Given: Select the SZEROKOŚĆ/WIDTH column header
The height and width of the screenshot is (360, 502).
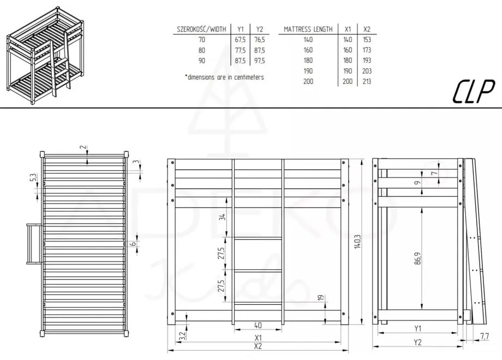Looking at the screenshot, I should pyautogui.click(x=199, y=29).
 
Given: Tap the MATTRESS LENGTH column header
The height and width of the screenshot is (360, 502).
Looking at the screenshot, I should pyautogui.click(x=308, y=29).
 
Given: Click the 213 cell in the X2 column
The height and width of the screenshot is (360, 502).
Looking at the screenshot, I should pyautogui.click(x=367, y=81).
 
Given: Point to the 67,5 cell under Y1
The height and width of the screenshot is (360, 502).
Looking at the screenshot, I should pyautogui.click(x=241, y=40).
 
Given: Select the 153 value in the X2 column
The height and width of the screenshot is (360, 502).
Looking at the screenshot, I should pyautogui.click(x=367, y=40).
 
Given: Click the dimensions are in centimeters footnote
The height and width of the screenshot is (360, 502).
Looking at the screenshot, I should pyautogui.click(x=224, y=77).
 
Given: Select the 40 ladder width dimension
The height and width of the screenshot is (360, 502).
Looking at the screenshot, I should pyautogui.click(x=258, y=326).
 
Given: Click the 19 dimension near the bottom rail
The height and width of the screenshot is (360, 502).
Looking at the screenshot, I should pyautogui.click(x=321, y=298).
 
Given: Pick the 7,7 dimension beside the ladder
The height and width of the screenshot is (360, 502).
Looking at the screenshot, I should pyautogui.click(x=485, y=337).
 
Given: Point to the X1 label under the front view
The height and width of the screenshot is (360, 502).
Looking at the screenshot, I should pyautogui.click(x=258, y=337).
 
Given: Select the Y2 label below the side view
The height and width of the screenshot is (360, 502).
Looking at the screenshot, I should pyautogui.click(x=417, y=343).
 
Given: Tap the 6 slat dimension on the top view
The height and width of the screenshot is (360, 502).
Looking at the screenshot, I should pyautogui.click(x=133, y=244).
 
